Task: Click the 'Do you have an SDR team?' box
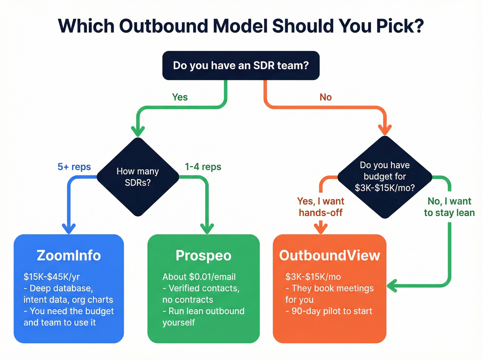pos(241,65)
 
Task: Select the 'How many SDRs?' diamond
pos(138,177)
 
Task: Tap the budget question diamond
pos(385,177)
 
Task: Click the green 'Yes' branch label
pos(180,97)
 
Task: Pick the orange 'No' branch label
pos(325,97)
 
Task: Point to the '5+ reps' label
pos(74,167)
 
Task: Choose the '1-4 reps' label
pos(203,167)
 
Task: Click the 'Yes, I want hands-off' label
pos(321,207)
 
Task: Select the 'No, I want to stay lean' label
pos(449,207)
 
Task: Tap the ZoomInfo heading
pos(69,255)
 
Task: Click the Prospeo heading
pos(203,255)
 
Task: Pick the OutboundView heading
pos(329,255)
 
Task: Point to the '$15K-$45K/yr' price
pos(52,277)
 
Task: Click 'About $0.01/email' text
pos(199,277)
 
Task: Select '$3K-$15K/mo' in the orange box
pos(313,277)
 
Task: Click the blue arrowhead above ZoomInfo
pos(69,229)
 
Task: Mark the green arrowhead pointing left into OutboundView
pos(392,286)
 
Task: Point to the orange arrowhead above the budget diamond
pos(385,130)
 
